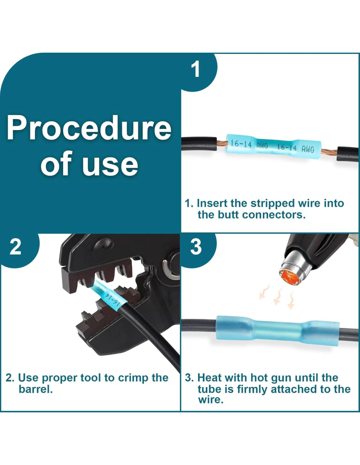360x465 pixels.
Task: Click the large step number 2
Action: click(x=15, y=247)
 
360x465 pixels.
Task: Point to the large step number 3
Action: click(x=196, y=247)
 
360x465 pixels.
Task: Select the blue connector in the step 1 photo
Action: click(x=274, y=147)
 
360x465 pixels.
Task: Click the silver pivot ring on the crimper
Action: click(x=169, y=269)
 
